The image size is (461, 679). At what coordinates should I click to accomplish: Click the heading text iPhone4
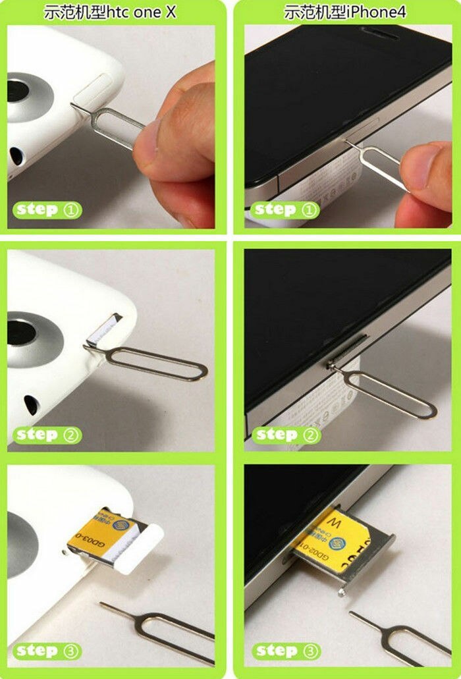click(379, 11)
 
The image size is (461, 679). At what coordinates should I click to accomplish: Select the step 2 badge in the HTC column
click(47, 435)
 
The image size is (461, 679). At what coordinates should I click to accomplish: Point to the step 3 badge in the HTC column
click(47, 651)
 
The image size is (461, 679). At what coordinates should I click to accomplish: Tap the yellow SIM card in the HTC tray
click(99, 531)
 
